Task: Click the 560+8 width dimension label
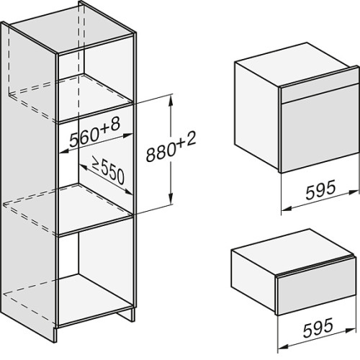click(94, 133)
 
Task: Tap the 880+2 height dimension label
click(171, 146)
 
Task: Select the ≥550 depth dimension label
click(108, 171)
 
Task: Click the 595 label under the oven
click(320, 190)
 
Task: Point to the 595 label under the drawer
click(318, 328)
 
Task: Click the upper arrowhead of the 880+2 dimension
click(171, 101)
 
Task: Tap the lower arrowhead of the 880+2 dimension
click(171, 199)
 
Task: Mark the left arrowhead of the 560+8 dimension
click(64, 150)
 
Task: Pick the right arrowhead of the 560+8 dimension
click(127, 135)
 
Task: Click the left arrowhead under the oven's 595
click(287, 208)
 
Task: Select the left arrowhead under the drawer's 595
click(283, 346)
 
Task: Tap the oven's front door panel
click(320, 129)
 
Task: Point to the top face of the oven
click(294, 64)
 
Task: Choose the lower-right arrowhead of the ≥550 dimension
click(128, 192)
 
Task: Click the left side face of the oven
click(257, 116)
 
